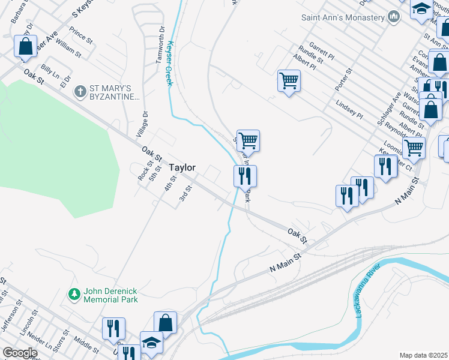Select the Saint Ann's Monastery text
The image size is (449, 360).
(x=342, y=17)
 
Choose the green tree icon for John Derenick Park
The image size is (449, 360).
(x=74, y=295)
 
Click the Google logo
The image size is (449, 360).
(x=20, y=353)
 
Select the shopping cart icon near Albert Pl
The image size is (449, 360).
(x=289, y=80)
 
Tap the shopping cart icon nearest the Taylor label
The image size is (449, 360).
(x=248, y=141)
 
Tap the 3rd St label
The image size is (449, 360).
(x=185, y=195)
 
